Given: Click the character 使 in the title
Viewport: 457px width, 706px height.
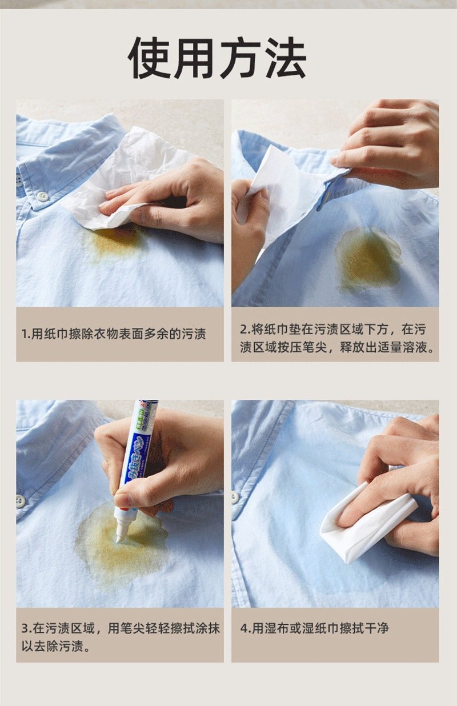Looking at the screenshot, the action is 148,58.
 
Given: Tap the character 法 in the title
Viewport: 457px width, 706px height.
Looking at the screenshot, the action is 284,58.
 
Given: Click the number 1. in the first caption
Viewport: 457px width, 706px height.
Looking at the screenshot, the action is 26,334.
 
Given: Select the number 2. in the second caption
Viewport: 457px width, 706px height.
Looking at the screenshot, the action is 246,330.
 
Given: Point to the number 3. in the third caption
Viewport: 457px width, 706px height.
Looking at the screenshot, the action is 27,628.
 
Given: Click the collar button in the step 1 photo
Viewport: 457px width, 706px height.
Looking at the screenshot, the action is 42,196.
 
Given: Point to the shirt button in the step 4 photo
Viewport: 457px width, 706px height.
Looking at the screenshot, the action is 235,497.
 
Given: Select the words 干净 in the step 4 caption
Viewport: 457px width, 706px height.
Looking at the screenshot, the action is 376,628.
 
